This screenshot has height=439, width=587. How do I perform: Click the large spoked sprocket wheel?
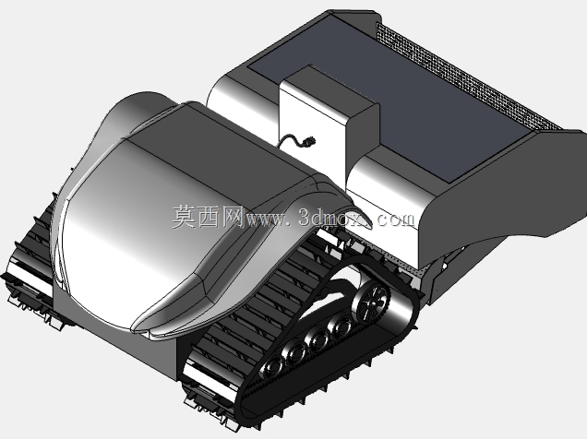click(371, 303)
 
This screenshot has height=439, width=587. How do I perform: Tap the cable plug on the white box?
click(309, 142)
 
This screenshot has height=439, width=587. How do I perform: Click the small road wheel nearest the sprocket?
click(341, 326)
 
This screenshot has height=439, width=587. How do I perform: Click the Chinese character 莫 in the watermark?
click(185, 217)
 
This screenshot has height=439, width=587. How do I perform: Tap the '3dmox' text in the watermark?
click(335, 218)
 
